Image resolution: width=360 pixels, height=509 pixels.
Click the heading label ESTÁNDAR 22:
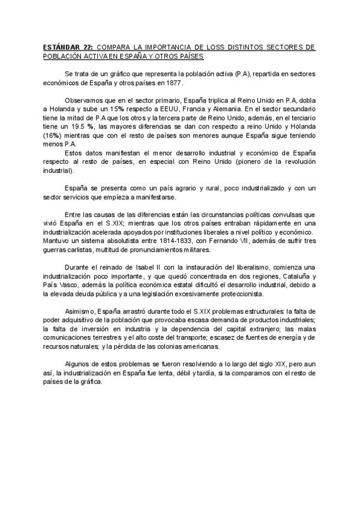(x=68, y=46)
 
